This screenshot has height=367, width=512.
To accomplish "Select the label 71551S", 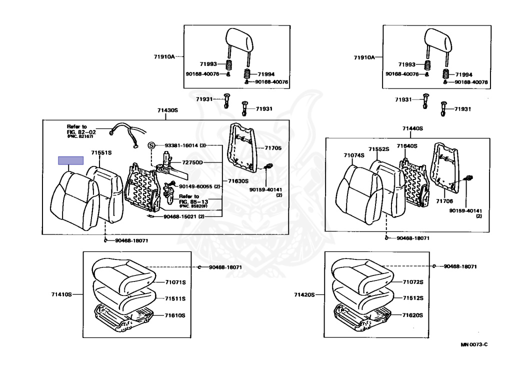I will click(x=101, y=152).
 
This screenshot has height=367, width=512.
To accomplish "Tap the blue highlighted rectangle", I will click(x=71, y=160).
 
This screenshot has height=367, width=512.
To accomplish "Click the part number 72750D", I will click(x=192, y=163).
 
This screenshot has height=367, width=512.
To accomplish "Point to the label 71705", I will click(x=273, y=148).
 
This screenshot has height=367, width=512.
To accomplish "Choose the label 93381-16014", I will click(x=181, y=145).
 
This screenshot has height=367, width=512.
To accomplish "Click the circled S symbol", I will click(x=150, y=145).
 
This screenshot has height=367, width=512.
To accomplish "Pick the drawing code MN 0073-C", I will click(x=474, y=345).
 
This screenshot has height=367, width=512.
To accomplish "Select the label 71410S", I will click(x=61, y=294).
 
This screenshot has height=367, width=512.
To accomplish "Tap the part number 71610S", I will click(x=175, y=315).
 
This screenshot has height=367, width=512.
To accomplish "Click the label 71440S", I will click(x=412, y=128).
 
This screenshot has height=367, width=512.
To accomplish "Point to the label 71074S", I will click(x=354, y=155).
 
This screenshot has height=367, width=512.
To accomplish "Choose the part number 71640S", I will click(x=406, y=146).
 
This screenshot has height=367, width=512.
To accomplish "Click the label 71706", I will click(x=444, y=200).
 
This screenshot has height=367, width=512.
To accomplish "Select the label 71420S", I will click(x=304, y=294).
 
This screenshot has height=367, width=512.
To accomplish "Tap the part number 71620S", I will click(x=413, y=315).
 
